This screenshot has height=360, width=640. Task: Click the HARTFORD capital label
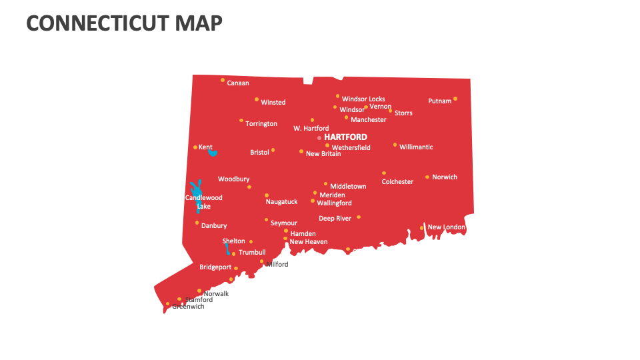pos(345,137)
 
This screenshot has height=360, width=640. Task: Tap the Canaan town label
pos(238,83)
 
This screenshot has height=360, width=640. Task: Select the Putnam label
pos(439,101)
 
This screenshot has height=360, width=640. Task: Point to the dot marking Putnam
pos(455,99)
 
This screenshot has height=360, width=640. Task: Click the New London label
pos(446,227)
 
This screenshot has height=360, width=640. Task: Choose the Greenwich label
pos(188,307)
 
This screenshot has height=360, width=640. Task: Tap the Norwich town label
pos(445,177)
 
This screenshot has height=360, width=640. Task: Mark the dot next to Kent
pos(195,147)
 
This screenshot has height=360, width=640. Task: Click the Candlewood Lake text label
pos(203,202)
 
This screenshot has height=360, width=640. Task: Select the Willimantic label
pos(416,147)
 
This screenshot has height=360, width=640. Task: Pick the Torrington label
pos(261,124)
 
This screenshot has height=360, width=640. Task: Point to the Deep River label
pos(335,219)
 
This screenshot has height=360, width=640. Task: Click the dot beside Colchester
pos(384,173)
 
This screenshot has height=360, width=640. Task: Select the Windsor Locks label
pos(363,99)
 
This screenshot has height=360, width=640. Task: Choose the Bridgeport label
pos(215,267)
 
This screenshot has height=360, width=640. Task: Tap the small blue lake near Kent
pos(212,153)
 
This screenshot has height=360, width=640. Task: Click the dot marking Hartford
pos(319,138)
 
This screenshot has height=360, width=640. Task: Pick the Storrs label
pos(403,113)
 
